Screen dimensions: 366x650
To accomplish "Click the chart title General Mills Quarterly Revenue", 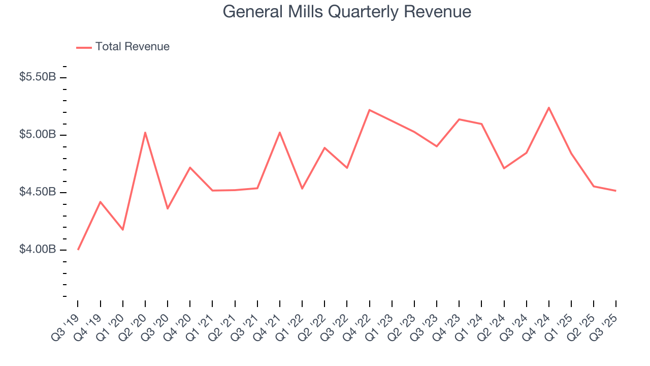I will [347, 12].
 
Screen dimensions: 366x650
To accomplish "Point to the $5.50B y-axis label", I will [37, 77].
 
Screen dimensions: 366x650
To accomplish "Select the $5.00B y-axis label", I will [37, 135].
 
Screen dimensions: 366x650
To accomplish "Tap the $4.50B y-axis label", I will [37, 192].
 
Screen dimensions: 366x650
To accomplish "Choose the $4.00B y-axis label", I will [37, 250].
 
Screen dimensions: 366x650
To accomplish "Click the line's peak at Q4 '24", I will [549, 107].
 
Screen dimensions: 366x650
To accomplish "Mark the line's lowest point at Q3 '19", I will [78, 249].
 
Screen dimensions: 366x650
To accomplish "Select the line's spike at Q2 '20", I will [145, 133].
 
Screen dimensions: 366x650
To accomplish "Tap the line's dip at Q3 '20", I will [168, 208].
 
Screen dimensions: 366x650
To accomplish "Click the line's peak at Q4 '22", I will [369, 110].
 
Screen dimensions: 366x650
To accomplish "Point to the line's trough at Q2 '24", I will [504, 168].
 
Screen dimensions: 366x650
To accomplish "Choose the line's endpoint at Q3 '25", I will [616, 191].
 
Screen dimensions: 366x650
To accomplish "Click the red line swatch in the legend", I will [84, 47].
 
